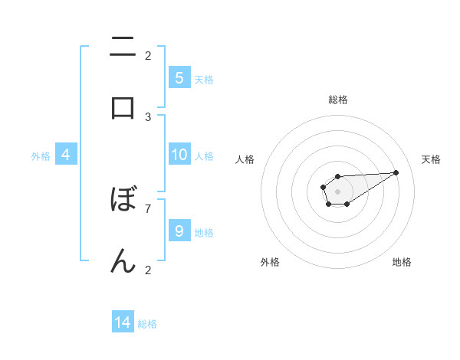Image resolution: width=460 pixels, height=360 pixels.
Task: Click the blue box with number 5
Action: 179,78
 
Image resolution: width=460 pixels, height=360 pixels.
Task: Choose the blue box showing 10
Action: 179,155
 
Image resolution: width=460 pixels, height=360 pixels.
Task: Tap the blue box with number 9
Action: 179,231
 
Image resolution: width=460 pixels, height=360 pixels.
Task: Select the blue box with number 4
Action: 66,155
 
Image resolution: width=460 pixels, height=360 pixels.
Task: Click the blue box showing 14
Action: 123,322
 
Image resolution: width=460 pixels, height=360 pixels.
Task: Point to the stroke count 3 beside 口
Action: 148,116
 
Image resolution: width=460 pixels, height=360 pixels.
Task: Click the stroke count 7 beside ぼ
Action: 148,208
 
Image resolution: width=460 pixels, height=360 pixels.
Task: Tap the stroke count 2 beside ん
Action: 148,269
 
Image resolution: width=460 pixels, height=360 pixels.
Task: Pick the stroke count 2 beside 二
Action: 148,55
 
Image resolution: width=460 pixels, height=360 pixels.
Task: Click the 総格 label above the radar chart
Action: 338,100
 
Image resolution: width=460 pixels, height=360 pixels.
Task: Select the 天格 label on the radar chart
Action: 431,159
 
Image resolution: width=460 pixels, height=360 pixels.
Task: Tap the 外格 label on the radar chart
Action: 270,262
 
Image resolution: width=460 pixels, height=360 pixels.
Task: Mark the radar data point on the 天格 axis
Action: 396,172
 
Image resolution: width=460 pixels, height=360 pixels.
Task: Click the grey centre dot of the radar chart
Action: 337,190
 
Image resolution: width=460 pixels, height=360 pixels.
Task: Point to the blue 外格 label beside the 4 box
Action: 41,155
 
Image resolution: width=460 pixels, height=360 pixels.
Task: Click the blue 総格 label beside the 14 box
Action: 147,324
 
